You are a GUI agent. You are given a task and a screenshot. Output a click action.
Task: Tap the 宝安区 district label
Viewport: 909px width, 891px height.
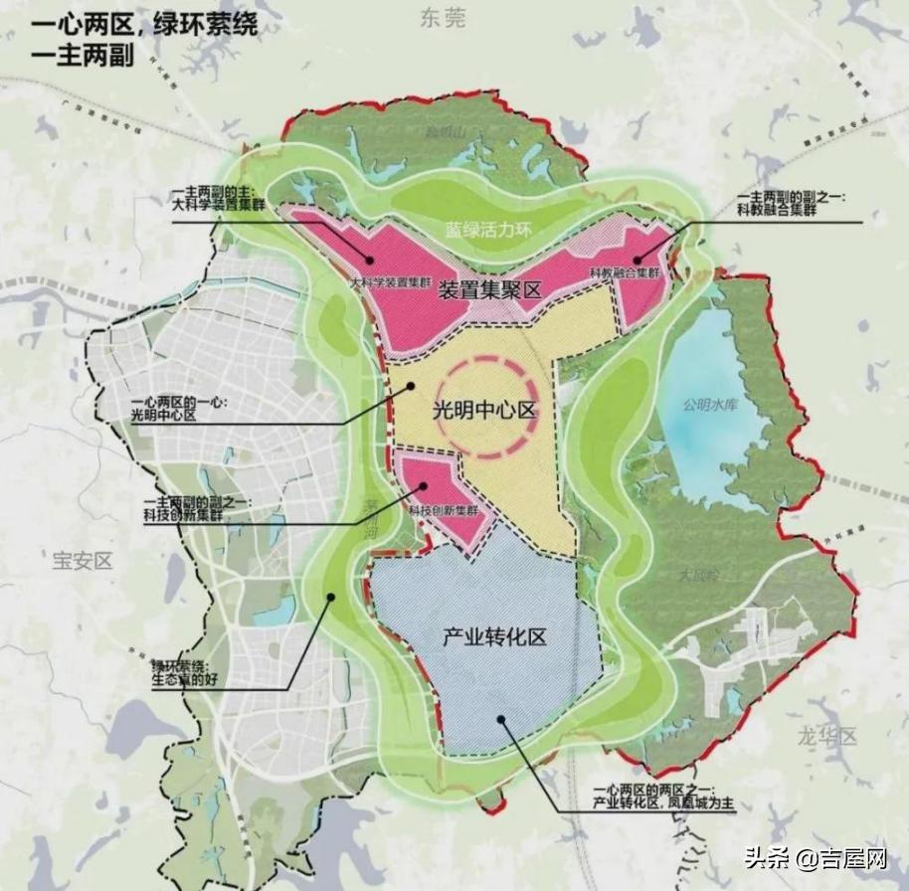click(82, 560)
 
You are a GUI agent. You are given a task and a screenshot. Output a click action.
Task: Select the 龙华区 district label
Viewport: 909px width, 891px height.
click(827, 736)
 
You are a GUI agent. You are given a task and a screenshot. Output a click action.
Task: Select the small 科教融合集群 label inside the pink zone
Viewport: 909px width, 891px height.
click(625, 272)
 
